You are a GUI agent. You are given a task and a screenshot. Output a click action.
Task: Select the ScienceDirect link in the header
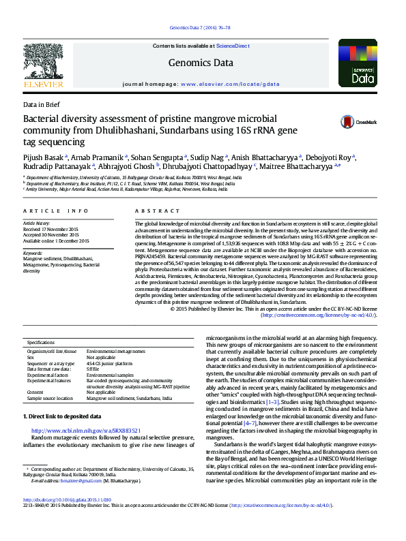point(232,46)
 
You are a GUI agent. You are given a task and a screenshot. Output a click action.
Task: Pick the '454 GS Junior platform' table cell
point(113,364)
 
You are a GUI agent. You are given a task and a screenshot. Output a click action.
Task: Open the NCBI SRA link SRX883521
point(86,431)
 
